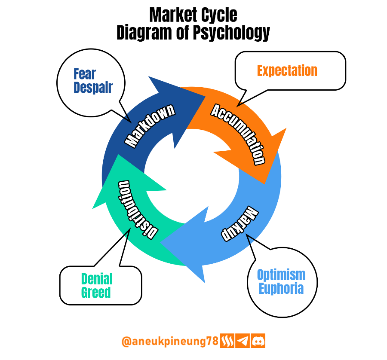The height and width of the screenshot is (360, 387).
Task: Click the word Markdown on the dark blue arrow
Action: click(150, 126)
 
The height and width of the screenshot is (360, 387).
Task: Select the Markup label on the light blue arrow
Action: click(240, 223)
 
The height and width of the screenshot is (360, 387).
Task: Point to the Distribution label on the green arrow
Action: click(138, 210)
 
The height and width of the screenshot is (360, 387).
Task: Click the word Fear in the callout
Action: click(85, 74)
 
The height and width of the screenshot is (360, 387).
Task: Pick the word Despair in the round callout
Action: click(93, 88)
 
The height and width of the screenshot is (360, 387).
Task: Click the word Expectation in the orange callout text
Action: click(287, 71)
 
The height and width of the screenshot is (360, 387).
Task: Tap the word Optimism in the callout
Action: click(281, 275)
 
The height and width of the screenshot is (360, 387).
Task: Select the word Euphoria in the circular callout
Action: click(281, 289)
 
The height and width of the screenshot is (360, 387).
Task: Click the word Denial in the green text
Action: click(97, 279)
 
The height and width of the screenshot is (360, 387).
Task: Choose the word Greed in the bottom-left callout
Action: click(96, 293)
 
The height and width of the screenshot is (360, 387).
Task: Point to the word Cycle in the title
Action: click(219, 16)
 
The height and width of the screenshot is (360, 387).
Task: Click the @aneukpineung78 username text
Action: click(170, 342)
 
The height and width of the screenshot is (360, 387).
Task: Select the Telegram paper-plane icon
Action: click(243, 341)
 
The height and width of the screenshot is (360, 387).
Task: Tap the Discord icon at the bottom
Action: click(258, 341)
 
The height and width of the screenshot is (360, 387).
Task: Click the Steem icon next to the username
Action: click(227, 341)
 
